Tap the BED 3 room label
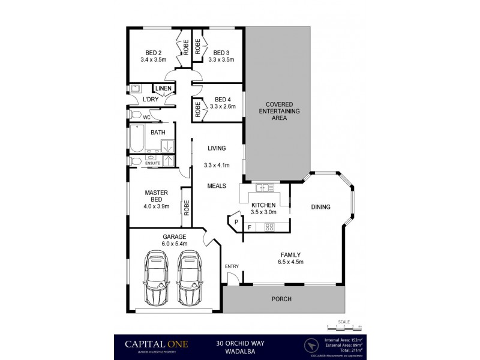click(220, 52)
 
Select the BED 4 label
click(222, 99)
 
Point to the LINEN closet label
click(164, 89)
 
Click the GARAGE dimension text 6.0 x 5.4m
click(175, 244)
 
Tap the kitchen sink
click(265, 190)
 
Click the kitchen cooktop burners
click(269, 227)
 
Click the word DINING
click(321, 208)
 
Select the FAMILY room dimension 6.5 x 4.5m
click(290, 262)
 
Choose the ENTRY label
click(232, 266)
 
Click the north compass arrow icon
click(310, 346)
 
